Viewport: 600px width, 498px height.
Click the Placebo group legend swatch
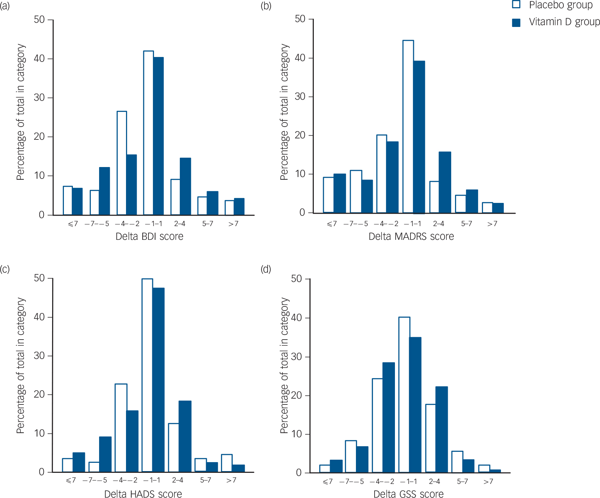[x=516, y=4]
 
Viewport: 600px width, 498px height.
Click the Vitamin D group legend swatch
[x=516, y=22]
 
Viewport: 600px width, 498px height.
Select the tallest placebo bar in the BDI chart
[x=148, y=133]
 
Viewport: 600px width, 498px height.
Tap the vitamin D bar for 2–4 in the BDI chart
[x=185, y=186]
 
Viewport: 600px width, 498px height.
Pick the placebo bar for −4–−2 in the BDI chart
[x=122, y=163]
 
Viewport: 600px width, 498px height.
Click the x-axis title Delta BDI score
[x=149, y=236]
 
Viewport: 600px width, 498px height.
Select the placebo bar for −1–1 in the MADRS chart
[x=408, y=127]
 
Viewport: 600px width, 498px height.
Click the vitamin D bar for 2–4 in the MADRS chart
[x=445, y=182]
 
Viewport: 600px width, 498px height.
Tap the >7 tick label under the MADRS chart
[x=492, y=224]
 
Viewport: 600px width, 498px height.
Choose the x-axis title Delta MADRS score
[x=411, y=236]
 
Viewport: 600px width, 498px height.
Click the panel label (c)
[x=5, y=269]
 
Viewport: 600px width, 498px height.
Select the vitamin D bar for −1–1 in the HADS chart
[x=158, y=380]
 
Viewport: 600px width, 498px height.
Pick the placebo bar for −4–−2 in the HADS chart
[x=121, y=428]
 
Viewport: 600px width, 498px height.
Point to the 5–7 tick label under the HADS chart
[x=205, y=480]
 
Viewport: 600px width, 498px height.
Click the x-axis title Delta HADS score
[x=143, y=494]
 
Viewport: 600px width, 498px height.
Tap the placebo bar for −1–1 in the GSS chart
[x=404, y=395]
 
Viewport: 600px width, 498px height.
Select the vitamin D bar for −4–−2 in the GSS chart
[x=388, y=418]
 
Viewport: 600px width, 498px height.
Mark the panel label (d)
[x=266, y=269]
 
